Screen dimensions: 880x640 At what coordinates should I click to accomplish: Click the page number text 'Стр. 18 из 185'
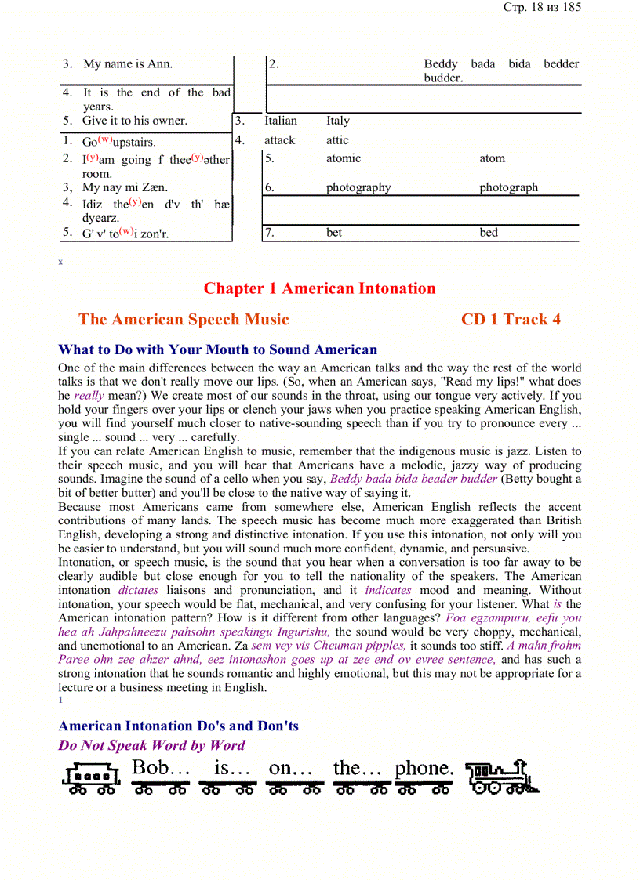click(541, 8)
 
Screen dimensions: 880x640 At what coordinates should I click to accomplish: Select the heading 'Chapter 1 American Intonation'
click(319, 288)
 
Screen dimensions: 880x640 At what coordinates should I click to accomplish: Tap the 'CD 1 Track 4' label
click(511, 319)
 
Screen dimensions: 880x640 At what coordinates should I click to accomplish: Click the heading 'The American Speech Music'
click(184, 319)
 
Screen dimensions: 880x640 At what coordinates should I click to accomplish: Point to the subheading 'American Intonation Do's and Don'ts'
click(178, 726)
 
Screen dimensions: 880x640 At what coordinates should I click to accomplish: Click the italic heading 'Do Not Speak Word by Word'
click(151, 745)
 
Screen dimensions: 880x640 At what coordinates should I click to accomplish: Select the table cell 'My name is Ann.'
click(128, 64)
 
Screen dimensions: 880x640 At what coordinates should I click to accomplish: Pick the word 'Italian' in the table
click(281, 121)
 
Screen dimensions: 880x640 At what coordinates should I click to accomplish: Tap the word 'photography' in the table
click(358, 187)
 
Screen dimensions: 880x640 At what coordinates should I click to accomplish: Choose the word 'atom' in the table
click(493, 158)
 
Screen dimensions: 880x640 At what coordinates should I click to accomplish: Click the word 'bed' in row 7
click(489, 232)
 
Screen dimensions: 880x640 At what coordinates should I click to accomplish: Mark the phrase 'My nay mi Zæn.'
click(125, 187)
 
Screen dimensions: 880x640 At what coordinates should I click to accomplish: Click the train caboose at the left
click(91, 777)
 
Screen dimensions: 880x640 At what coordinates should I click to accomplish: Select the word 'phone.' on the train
click(424, 769)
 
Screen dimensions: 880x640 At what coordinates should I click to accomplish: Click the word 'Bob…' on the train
click(161, 769)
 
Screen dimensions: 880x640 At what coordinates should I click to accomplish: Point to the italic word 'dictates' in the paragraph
click(138, 590)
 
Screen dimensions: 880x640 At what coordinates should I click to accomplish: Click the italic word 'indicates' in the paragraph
click(388, 590)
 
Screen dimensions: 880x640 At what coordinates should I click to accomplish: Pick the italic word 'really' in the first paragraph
click(89, 396)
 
